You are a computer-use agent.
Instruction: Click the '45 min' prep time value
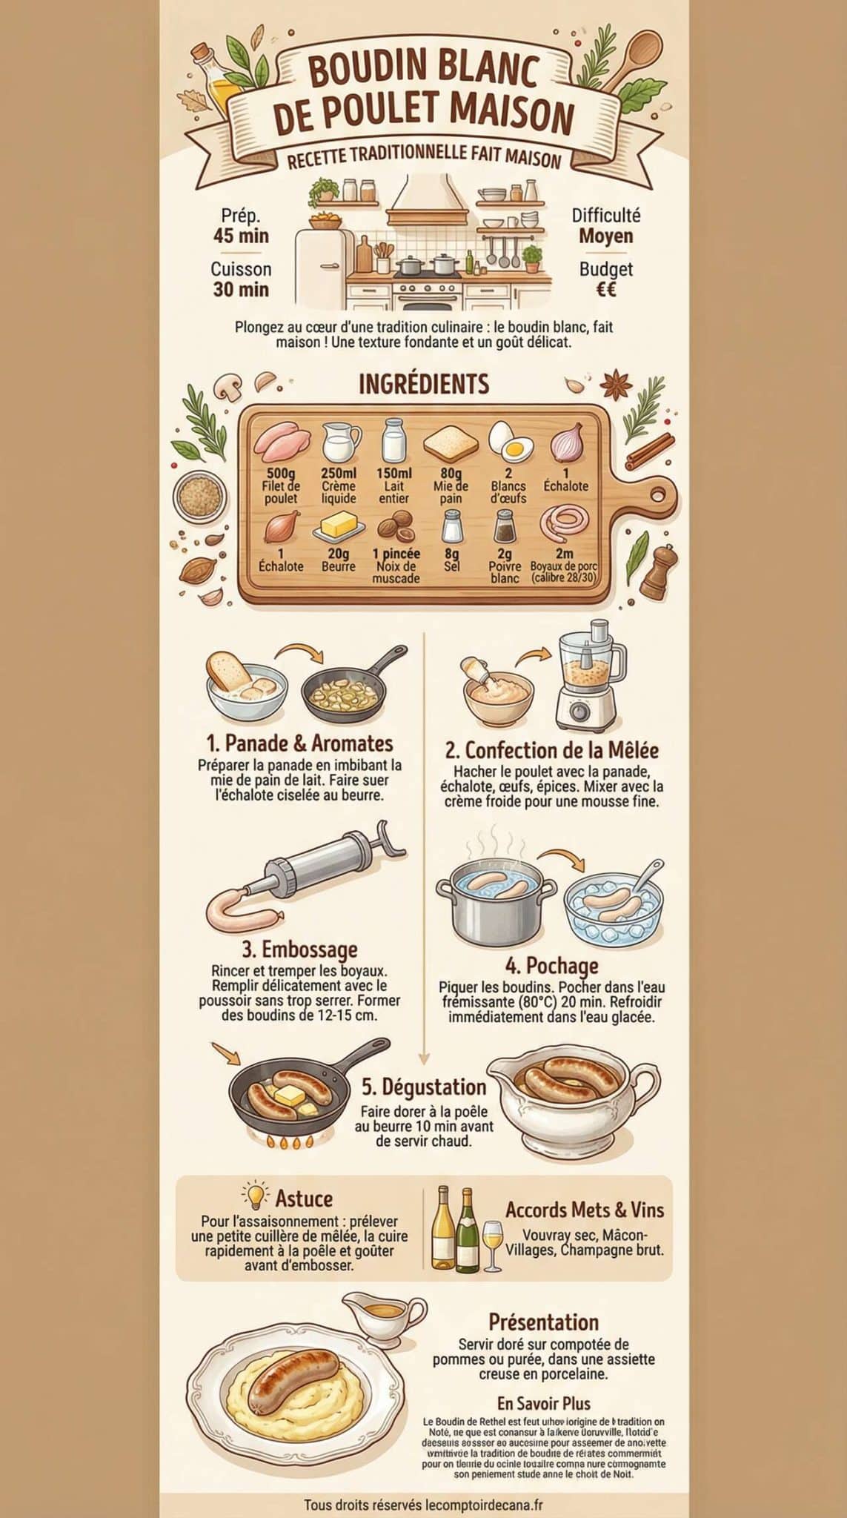[241, 236]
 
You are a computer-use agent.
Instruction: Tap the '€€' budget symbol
[605, 289]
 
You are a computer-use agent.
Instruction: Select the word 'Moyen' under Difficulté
[605, 236]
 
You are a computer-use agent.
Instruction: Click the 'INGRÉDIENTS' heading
[423, 384]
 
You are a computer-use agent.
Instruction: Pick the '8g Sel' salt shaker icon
[451, 526]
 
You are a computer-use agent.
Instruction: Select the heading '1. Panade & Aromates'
[299, 743]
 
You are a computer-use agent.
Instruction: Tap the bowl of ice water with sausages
[614, 910]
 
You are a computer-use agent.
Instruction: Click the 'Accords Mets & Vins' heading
[585, 1210]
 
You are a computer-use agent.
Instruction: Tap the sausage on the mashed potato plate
[294, 1379]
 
